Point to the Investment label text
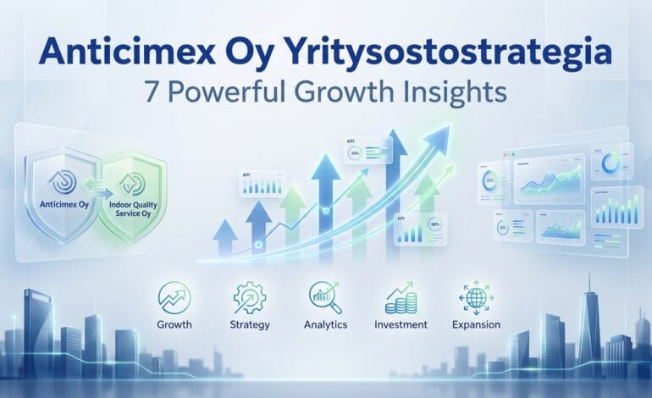coord(401,324)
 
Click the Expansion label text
coord(475,324)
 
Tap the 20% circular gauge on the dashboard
coord(489,180)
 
